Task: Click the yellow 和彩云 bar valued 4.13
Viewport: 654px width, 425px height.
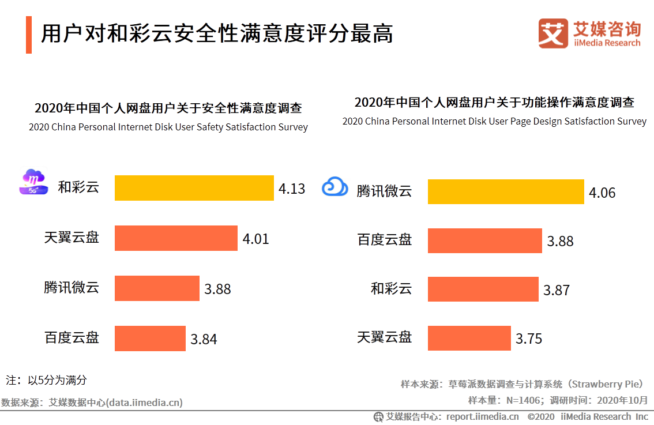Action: click(x=194, y=188)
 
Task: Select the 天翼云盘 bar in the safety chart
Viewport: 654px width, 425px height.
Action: click(x=176, y=238)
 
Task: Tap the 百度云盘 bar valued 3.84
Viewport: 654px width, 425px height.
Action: click(x=150, y=339)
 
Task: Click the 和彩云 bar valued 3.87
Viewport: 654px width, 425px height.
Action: click(x=483, y=289)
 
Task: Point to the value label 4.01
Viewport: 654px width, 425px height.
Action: click(x=255, y=239)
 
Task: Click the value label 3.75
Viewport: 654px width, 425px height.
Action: click(x=529, y=339)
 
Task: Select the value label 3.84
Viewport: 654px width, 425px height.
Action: click(x=204, y=339)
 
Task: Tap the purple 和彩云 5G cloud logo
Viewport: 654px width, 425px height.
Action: click(x=33, y=182)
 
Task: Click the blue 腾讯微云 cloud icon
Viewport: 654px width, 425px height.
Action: click(x=335, y=187)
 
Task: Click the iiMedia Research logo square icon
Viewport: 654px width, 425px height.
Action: click(x=553, y=33)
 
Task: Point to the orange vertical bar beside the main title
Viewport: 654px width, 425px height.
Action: click(x=29, y=35)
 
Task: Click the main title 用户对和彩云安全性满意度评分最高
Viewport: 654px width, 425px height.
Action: click(x=217, y=34)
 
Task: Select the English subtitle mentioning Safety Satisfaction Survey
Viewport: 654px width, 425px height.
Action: click(x=168, y=127)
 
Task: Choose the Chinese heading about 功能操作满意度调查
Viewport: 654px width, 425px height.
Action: click(x=494, y=103)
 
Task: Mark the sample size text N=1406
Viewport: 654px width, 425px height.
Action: click(x=523, y=400)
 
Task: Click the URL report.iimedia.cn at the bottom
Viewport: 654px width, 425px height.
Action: click(x=482, y=416)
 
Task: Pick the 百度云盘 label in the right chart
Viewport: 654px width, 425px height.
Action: click(x=385, y=240)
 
